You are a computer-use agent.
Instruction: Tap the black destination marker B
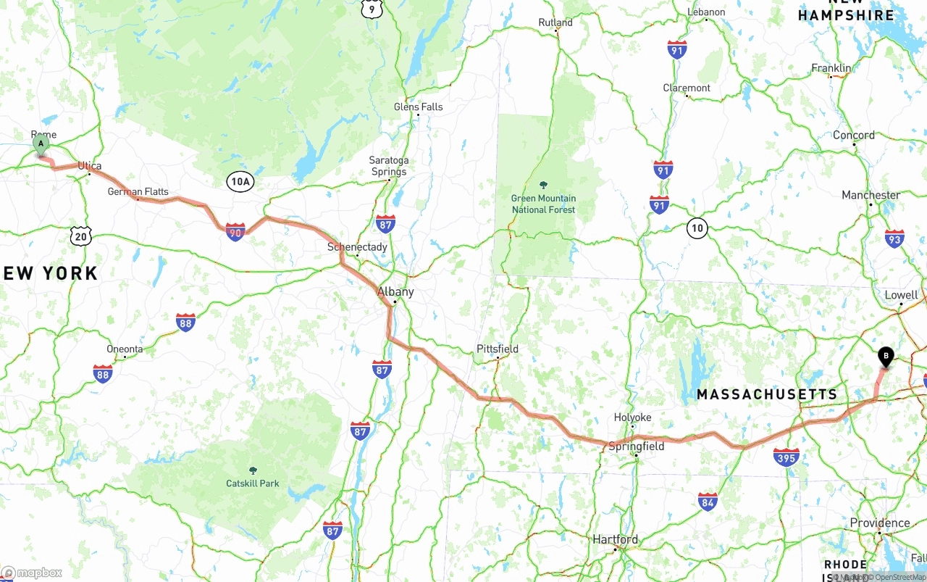pyautogui.click(x=885, y=356)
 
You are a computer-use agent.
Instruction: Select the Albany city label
pyautogui.click(x=395, y=292)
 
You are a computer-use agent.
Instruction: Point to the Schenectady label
pyautogui.click(x=357, y=247)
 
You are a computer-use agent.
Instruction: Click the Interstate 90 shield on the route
pyautogui.click(x=235, y=232)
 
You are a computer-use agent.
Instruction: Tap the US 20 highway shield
pyautogui.click(x=82, y=236)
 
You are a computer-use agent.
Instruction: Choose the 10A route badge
pyautogui.click(x=240, y=182)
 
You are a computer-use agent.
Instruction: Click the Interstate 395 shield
pyautogui.click(x=786, y=457)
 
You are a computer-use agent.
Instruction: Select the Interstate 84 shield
pyautogui.click(x=708, y=501)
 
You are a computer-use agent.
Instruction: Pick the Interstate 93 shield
pyautogui.click(x=894, y=238)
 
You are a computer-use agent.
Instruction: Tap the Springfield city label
pyautogui.click(x=636, y=446)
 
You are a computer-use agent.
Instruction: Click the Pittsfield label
pyautogui.click(x=498, y=349)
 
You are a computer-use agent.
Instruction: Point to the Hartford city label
pyautogui.click(x=616, y=539)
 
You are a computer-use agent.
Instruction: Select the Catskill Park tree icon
pyautogui.click(x=252, y=470)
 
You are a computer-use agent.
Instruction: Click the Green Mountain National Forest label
pyautogui.click(x=544, y=204)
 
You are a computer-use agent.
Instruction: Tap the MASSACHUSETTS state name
pyautogui.click(x=767, y=394)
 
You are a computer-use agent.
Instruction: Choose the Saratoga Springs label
pyautogui.click(x=389, y=166)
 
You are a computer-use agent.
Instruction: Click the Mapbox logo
pyautogui.click(x=32, y=573)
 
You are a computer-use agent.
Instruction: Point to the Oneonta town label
pyautogui.click(x=125, y=349)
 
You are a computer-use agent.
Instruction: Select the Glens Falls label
pyautogui.click(x=418, y=107)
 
